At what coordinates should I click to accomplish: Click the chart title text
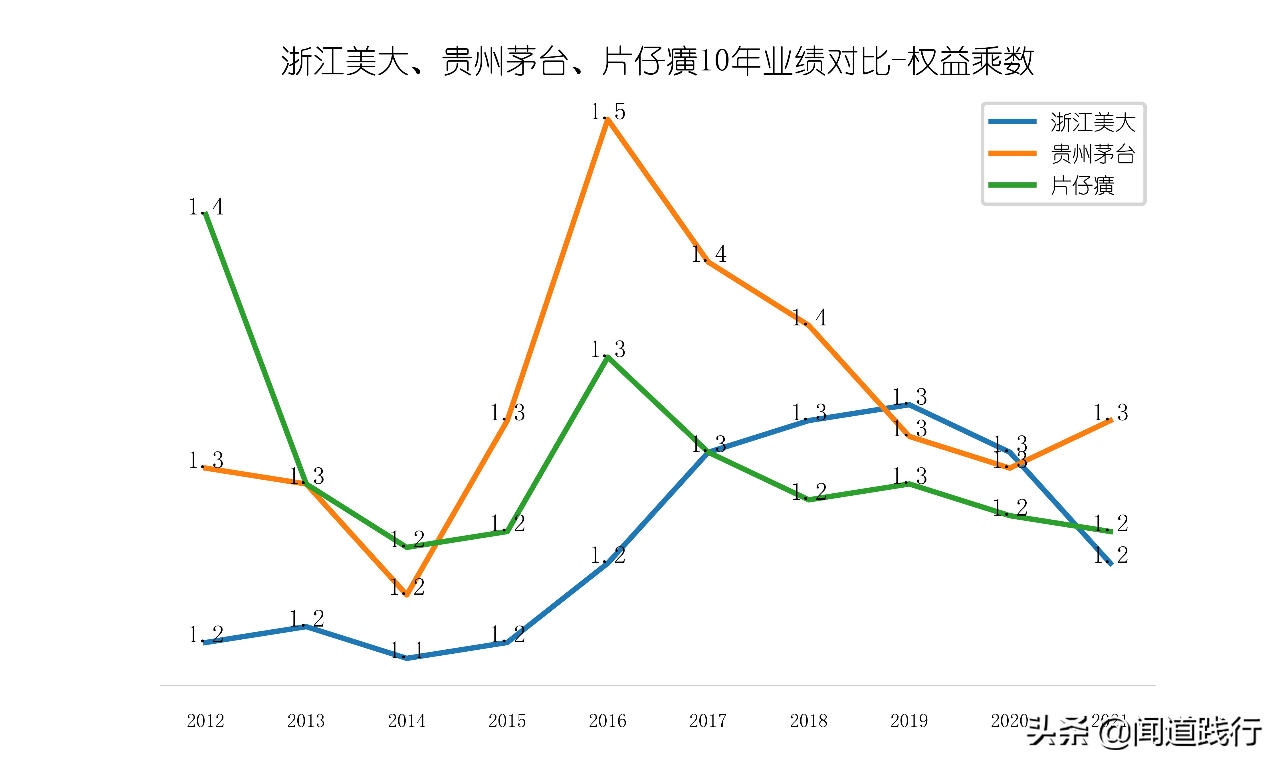click(657, 61)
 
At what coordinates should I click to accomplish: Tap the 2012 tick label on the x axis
click(205, 721)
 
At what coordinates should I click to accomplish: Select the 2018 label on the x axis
click(809, 721)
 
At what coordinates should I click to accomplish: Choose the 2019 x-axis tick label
click(909, 721)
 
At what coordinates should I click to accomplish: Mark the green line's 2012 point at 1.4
click(206, 213)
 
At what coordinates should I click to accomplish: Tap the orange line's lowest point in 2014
click(407, 595)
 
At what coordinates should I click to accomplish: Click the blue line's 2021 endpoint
click(1111, 564)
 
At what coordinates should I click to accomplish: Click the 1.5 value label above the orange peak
click(608, 111)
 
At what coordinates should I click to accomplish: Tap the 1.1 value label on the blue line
click(407, 650)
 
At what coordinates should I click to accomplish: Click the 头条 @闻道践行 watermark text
click(1144, 732)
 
